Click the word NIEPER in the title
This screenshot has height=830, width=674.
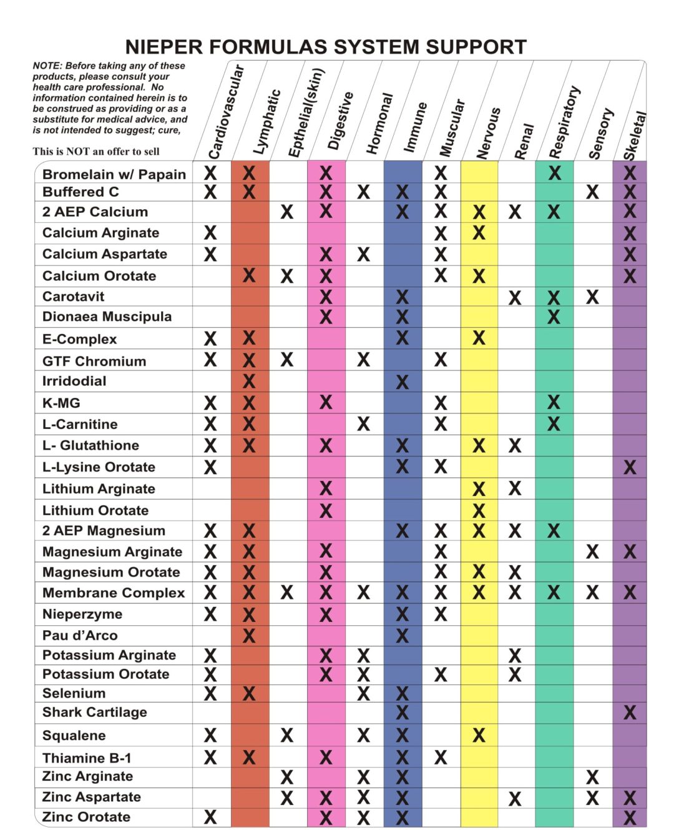click(x=164, y=47)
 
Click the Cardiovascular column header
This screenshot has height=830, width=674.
click(x=225, y=112)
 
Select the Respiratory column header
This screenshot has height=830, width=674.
click(x=564, y=122)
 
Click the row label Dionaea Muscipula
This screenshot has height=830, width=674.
click(x=107, y=317)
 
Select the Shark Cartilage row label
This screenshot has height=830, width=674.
click(x=94, y=713)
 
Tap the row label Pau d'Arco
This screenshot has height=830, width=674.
click(x=80, y=636)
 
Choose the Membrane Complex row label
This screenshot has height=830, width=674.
click(x=114, y=593)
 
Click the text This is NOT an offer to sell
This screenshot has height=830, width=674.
click(x=96, y=151)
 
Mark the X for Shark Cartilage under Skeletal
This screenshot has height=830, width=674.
click(x=630, y=713)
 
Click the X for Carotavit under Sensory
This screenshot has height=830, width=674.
click(x=592, y=297)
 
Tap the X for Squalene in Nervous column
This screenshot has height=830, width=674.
click(x=479, y=736)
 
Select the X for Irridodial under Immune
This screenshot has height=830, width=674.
click(x=402, y=382)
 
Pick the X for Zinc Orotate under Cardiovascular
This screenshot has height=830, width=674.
click(x=210, y=817)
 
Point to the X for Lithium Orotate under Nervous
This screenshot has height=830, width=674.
click(x=479, y=511)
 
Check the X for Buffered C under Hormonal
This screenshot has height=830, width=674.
click(x=363, y=192)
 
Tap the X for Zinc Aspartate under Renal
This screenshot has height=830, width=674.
click(x=515, y=798)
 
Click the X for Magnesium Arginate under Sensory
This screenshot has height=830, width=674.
click(x=592, y=552)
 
